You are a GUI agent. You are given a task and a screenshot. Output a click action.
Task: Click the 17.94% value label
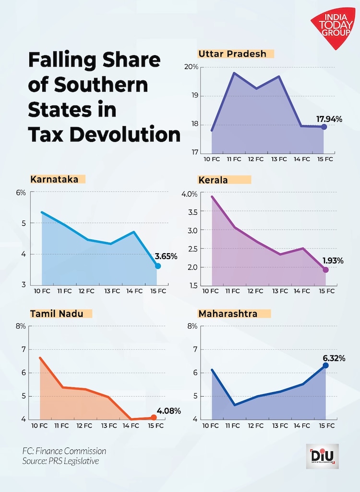click(x=329, y=118)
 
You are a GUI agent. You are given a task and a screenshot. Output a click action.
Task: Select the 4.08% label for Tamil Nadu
click(x=168, y=410)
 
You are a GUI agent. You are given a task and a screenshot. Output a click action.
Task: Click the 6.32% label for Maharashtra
click(x=334, y=358)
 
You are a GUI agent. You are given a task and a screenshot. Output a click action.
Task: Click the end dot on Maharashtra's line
click(x=325, y=365)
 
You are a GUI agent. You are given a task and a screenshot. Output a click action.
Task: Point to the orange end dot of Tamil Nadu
click(x=154, y=417)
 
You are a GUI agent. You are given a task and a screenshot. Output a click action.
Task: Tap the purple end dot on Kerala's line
click(x=325, y=269)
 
